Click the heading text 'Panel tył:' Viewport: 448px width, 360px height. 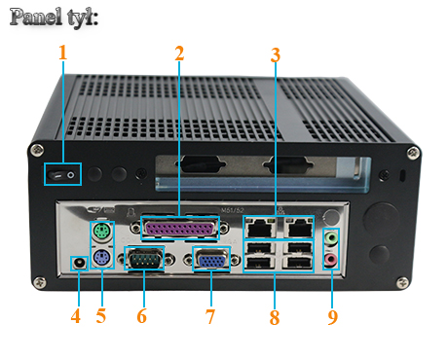(x=55, y=18)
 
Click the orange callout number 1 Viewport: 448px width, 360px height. (x=63, y=53)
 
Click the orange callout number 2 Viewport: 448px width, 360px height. (x=179, y=53)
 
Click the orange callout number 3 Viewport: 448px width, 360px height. (x=276, y=54)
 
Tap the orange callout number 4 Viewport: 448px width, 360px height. (x=76, y=316)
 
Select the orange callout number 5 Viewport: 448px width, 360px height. (x=102, y=316)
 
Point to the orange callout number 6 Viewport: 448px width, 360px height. (x=142, y=316)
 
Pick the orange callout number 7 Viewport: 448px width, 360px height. (x=209, y=316)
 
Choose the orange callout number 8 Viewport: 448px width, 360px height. (x=275, y=316)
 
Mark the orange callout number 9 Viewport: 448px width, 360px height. (x=333, y=316)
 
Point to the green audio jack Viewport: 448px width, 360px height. (x=332, y=237)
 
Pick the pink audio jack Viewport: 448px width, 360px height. (x=332, y=259)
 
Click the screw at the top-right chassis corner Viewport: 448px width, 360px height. (x=412, y=152)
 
